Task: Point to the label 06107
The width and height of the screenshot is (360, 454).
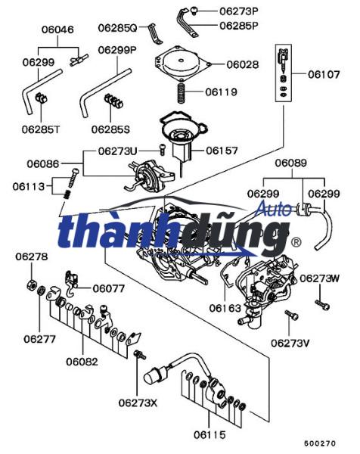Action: pos(325,74)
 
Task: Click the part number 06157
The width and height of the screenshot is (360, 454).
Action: pos(221,151)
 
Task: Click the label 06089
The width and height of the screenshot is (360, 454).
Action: pos(290,163)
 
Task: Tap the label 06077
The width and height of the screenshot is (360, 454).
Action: pos(108,288)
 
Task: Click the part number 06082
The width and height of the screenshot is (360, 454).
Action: pos(81,362)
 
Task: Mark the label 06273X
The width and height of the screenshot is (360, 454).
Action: pos(138,402)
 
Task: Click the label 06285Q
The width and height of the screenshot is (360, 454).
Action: pos(116,28)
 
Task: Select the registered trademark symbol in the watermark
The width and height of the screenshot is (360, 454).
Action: pos(296,243)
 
